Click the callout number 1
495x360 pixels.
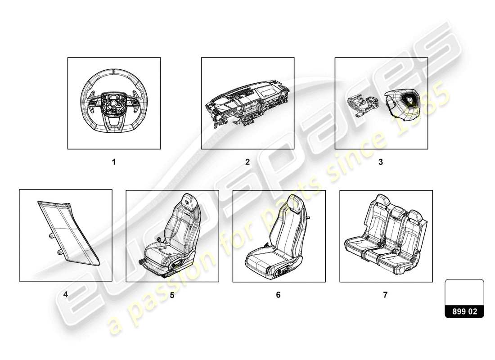114,162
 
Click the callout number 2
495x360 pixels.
247,162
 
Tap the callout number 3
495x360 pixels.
381,162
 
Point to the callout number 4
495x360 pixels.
66,295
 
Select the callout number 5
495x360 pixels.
172,295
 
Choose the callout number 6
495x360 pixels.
278,295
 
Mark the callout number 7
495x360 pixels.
385,295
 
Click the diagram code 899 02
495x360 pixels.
464,311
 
